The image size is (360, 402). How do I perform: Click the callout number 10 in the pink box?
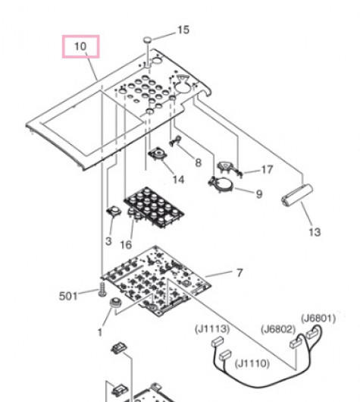80,46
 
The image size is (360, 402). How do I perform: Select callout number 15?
183,30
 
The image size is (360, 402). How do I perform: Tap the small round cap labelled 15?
147,39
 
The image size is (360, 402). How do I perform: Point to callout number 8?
198,162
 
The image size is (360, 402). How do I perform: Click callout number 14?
178,180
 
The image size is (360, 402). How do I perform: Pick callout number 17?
267,169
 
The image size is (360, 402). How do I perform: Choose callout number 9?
259,194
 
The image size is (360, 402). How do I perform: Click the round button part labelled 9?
221,184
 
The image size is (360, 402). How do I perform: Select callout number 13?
315,232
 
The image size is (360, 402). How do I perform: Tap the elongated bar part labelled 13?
297,195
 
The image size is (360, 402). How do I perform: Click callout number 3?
108,241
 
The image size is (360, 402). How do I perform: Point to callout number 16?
126,245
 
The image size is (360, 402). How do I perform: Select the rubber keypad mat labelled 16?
154,207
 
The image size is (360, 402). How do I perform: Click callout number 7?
239,273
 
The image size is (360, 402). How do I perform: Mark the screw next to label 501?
102,290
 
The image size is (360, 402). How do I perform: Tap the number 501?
68,296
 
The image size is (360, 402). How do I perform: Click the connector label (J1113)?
212,329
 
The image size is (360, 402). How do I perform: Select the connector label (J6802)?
278,329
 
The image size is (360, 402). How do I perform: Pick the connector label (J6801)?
318,319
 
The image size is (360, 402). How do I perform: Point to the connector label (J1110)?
252,363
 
